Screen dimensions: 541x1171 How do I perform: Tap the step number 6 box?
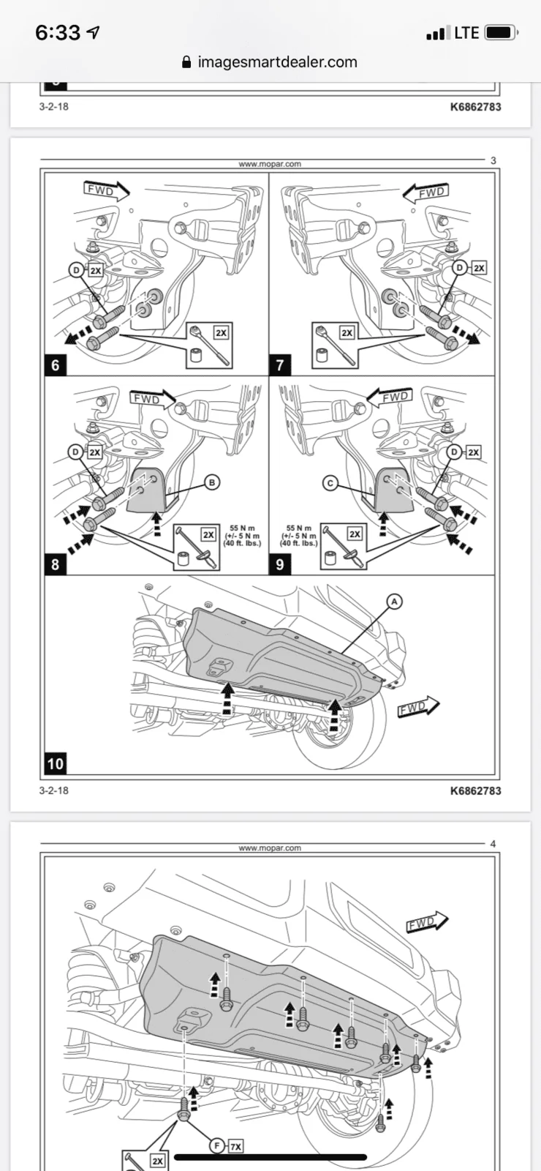[56, 365]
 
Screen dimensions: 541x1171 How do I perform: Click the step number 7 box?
[279, 365]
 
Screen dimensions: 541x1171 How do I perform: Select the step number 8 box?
[56, 564]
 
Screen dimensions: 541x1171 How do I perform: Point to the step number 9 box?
[279, 564]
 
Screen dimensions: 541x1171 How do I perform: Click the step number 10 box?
[56, 764]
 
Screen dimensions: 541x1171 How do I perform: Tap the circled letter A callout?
[394, 602]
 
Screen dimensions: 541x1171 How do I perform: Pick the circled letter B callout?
[211, 482]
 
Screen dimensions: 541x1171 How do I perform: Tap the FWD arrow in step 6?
[107, 191]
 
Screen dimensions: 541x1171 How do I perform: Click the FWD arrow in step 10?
[418, 707]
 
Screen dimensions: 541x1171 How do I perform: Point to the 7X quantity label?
[235, 1146]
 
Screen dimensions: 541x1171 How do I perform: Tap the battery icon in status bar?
[502, 33]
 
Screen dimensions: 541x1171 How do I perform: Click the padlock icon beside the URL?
[186, 62]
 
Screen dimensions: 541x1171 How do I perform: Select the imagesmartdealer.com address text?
[277, 62]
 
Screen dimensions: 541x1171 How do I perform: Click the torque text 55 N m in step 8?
[242, 528]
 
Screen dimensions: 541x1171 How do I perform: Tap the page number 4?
[493, 844]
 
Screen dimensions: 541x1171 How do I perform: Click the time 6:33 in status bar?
[58, 33]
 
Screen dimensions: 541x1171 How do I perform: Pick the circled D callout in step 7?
[460, 268]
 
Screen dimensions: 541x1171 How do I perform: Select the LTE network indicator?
[466, 33]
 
